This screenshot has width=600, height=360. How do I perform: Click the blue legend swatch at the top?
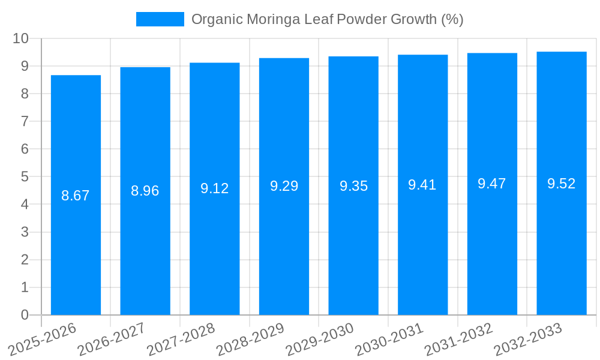point(160,19)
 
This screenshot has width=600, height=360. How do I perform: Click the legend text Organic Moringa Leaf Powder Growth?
point(327,19)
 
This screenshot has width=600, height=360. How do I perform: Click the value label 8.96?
point(145,191)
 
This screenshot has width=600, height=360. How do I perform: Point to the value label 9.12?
point(215,188)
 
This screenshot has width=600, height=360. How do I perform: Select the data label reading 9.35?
point(353,186)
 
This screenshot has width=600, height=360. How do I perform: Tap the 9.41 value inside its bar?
point(422,185)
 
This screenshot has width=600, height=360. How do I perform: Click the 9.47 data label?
point(492,184)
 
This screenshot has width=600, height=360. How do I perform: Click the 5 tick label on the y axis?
point(25,177)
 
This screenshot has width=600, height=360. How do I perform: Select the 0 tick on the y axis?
point(25,315)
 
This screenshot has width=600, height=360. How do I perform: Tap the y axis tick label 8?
point(25,94)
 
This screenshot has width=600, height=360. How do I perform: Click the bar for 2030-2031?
point(422,252)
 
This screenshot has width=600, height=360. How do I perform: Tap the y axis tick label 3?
point(25,232)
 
